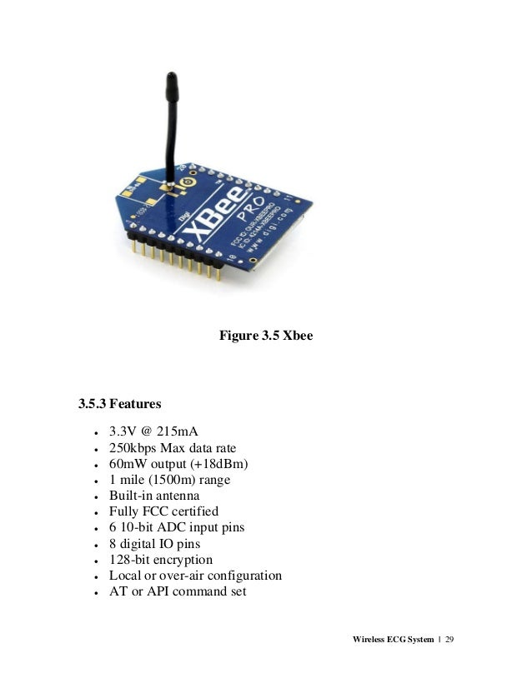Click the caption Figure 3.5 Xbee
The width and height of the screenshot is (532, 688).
(x=265, y=336)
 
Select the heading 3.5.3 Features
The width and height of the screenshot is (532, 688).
(x=119, y=406)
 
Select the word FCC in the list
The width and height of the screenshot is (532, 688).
(x=153, y=511)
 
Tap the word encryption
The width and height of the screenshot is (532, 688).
(x=182, y=559)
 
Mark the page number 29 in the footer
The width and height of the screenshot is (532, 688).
(x=454, y=639)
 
